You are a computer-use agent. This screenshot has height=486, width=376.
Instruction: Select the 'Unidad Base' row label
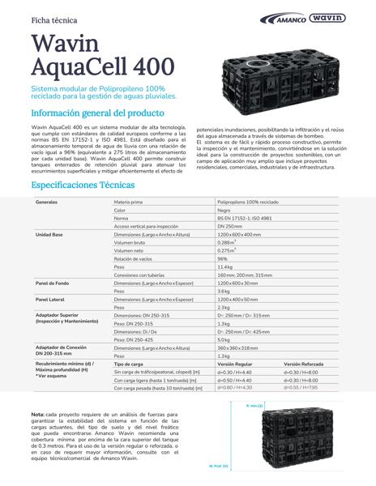pos(49,233)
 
